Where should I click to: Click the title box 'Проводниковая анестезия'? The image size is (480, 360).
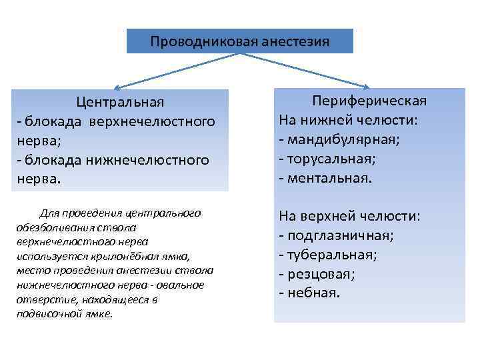[239, 41]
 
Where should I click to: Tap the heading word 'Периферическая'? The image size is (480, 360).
[370, 101]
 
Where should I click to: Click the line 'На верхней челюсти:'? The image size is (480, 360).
[350, 216]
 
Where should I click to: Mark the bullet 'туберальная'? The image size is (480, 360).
[332, 255]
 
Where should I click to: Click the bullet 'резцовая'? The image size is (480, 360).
[321, 274]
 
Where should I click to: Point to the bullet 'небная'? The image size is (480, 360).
[313, 293]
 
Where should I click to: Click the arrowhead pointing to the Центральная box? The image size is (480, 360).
[115, 87]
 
